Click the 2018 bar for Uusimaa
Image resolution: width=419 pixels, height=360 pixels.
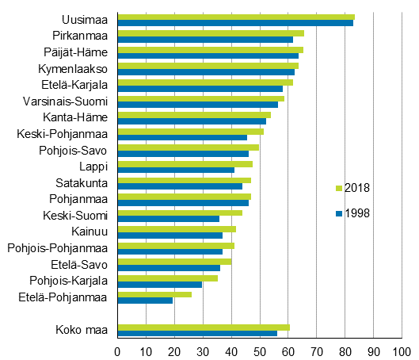(235, 17)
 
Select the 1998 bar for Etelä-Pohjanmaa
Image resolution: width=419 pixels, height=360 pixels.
(145, 301)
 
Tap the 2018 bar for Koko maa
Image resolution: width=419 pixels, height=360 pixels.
(204, 327)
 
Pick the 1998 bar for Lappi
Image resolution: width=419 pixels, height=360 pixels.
(176, 170)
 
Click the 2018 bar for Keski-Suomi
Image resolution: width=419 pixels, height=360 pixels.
(180, 213)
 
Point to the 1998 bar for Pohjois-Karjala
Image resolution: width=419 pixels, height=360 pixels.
(159, 284)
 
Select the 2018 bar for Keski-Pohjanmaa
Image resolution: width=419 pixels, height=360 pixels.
(190, 131)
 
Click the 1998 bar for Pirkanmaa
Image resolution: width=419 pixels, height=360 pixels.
(205, 40)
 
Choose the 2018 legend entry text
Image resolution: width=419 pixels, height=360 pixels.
(357, 188)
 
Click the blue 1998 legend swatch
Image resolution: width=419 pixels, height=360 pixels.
(339, 213)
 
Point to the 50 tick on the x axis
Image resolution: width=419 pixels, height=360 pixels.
(260, 350)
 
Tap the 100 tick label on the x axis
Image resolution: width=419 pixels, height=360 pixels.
(402, 350)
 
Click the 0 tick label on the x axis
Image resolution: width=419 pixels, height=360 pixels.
(118, 350)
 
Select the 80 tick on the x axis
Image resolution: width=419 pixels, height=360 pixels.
(345, 350)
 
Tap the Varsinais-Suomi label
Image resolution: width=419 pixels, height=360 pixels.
(69, 101)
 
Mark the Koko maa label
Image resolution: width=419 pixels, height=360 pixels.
(82, 330)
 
